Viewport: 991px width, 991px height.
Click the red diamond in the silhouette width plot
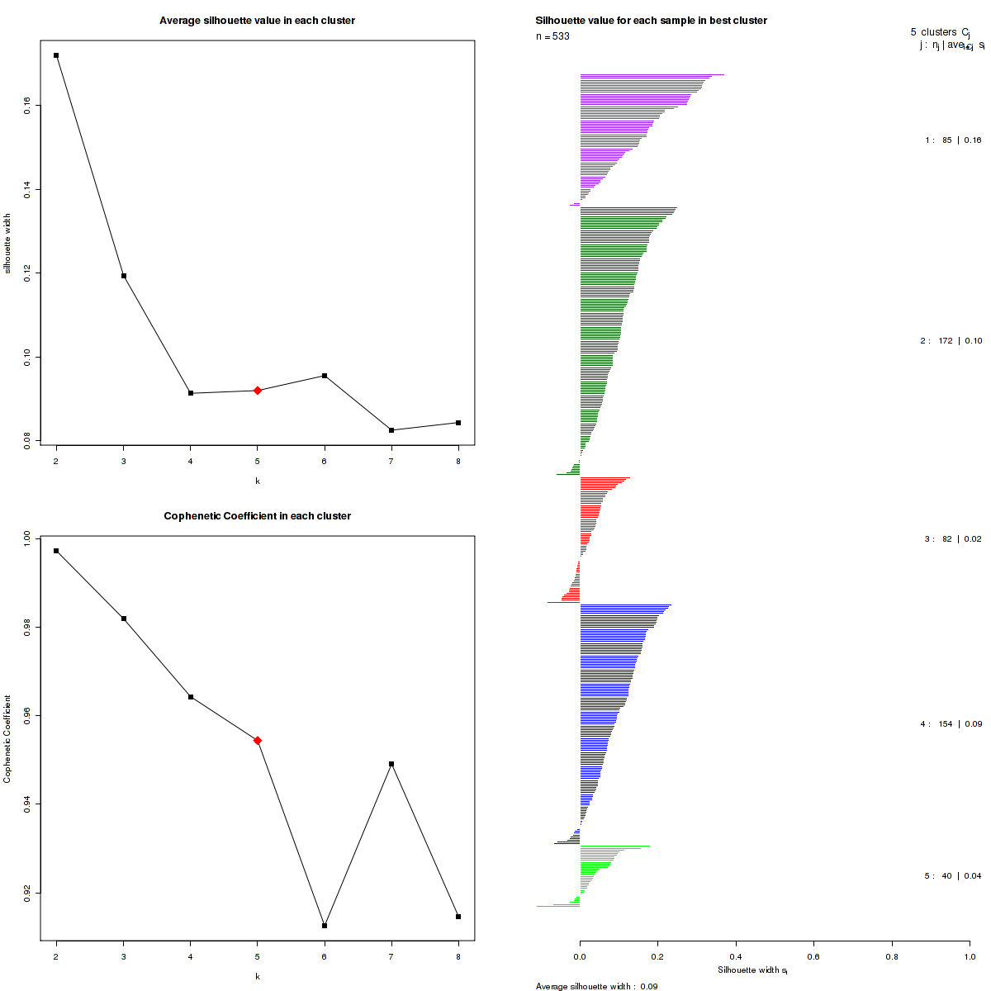[258, 391]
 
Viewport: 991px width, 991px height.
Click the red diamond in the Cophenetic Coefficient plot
[258, 741]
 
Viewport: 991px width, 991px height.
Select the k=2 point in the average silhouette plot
[56, 55]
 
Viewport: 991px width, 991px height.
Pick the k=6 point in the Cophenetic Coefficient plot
[325, 926]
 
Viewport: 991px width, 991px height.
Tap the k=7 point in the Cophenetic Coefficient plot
[391, 764]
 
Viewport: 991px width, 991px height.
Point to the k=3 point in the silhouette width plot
[124, 276]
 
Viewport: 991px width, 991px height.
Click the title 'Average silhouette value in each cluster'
[257, 21]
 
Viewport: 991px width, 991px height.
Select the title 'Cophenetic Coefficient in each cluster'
[257, 516]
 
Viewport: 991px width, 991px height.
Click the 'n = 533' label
[552, 36]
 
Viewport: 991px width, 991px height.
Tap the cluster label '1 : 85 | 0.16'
[953, 140]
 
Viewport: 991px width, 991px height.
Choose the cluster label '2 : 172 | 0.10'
[951, 341]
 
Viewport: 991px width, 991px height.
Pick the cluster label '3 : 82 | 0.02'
[953, 539]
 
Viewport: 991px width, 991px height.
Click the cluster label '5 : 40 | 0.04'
[953, 876]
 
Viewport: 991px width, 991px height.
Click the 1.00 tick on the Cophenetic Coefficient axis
[27, 538]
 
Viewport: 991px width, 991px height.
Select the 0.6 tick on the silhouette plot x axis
[813, 956]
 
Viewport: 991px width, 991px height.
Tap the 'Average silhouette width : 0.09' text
[596, 986]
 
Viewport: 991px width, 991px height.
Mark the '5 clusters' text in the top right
[933, 32]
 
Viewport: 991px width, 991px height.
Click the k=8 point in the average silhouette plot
[458, 423]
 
